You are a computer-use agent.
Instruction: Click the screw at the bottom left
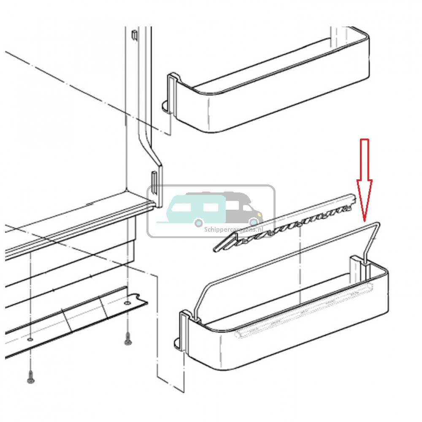[x=30, y=376]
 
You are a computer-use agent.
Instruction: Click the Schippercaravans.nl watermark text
[x=233, y=230]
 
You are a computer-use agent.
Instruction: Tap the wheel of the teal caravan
[x=199, y=223]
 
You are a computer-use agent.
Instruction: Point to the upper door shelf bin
[x=266, y=81]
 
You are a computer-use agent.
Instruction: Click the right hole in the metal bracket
[x=128, y=303]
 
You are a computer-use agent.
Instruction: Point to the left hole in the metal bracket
[x=30, y=338]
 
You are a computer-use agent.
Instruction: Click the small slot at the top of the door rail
[x=134, y=35]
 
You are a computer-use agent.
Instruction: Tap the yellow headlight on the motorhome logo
[x=259, y=214]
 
